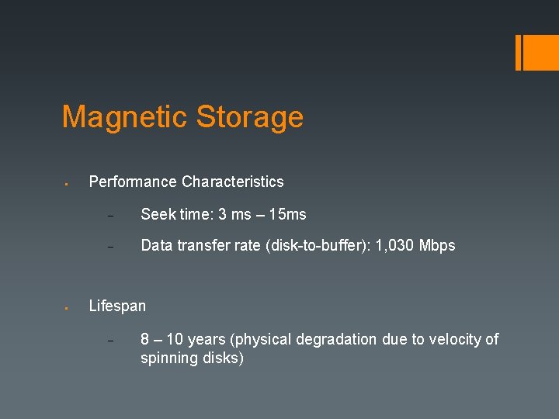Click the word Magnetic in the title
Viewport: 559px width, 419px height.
(x=124, y=117)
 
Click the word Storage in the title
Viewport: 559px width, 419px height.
(x=249, y=117)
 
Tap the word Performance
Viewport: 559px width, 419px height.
(x=133, y=182)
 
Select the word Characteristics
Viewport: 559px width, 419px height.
(x=233, y=182)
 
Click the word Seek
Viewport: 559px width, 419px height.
(x=157, y=214)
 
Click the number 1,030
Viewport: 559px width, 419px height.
(x=394, y=246)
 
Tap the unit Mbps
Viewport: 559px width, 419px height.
(x=437, y=246)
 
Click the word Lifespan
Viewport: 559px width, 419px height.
(x=117, y=306)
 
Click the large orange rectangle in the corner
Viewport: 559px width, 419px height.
(x=536, y=52)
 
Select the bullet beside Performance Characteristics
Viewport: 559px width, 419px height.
(x=68, y=184)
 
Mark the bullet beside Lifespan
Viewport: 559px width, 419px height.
(x=68, y=308)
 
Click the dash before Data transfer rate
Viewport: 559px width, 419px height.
(x=110, y=248)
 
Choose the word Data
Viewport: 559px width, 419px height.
(x=157, y=246)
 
